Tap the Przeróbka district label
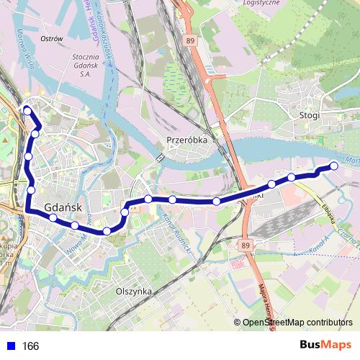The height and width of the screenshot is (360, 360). (187, 141)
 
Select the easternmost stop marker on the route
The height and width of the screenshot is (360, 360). (334, 166)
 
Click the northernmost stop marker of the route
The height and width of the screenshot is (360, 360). (27, 110)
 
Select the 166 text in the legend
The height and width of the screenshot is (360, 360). (30, 346)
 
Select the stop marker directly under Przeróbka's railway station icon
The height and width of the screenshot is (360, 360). (148, 199)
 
